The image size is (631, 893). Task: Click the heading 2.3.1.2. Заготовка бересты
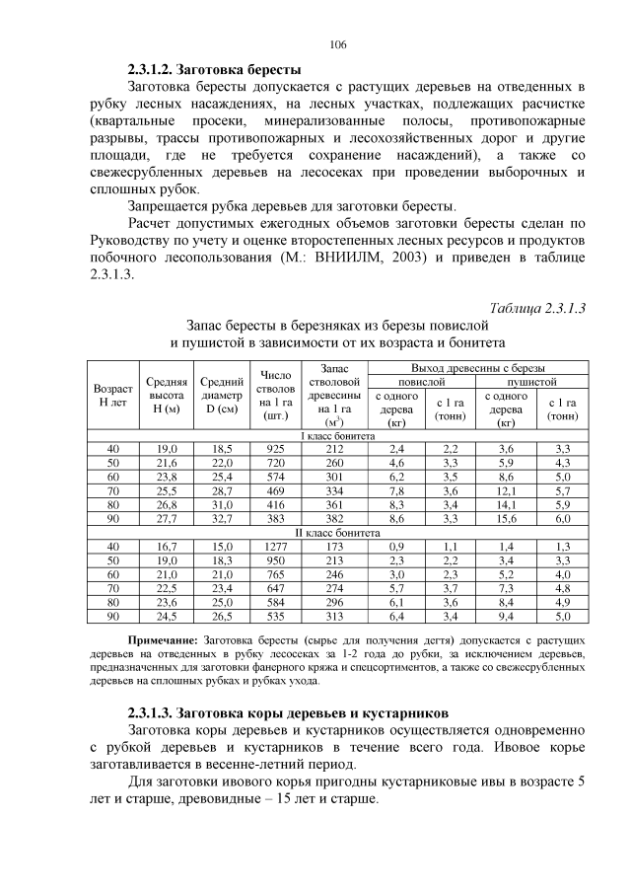[x=214, y=70]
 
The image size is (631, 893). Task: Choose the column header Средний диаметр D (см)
[x=221, y=395]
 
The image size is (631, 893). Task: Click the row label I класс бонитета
[x=337, y=435]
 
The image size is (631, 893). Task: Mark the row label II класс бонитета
[x=337, y=531]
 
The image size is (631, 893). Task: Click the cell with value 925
[x=275, y=448]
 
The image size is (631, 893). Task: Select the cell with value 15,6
[x=507, y=517]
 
